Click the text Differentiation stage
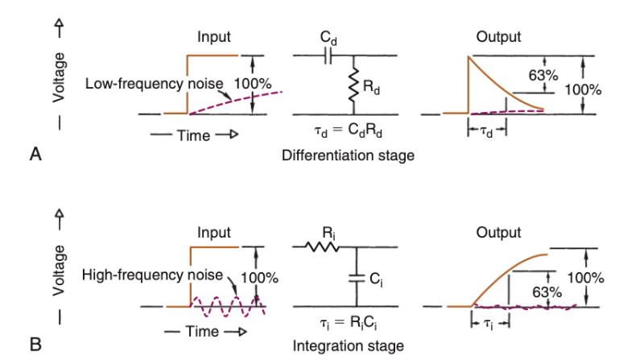click(x=349, y=155)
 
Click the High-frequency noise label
click(x=152, y=275)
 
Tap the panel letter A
click(x=35, y=155)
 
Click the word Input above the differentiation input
click(x=214, y=37)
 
